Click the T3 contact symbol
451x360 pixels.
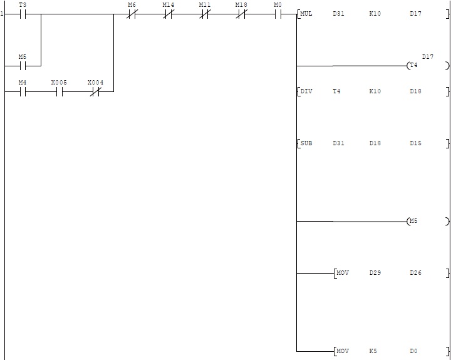point(23,14)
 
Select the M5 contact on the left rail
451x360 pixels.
point(23,65)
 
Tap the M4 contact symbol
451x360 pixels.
point(23,91)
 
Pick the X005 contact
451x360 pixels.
point(59,91)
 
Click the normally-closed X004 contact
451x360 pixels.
point(95,91)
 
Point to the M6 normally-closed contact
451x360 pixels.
point(132,14)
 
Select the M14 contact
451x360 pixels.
point(168,14)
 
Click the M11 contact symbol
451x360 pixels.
point(205,14)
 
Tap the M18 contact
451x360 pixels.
point(241,14)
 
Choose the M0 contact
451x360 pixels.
point(277,14)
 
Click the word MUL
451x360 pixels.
point(306,14)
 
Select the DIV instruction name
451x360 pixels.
point(306,91)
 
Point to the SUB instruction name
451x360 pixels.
point(306,143)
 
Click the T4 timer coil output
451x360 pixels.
point(413,65)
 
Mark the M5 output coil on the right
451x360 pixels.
point(413,221)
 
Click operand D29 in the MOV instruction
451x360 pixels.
point(375,273)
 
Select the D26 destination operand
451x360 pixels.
point(415,273)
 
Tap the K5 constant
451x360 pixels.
point(373,351)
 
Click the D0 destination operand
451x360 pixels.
point(413,351)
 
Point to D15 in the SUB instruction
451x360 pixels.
point(415,143)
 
